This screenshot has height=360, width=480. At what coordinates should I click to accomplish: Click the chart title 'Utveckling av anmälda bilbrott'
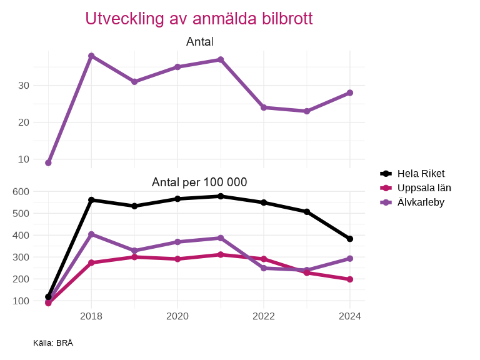199,19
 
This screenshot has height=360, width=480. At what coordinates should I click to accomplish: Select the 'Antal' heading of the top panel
199,42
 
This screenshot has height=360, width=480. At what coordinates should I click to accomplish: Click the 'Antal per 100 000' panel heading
199,182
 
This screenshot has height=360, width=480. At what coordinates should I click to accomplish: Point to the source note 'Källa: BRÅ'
53,343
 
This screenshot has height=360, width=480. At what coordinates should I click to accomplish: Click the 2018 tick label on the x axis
91,316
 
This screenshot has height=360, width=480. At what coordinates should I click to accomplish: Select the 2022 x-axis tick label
264,316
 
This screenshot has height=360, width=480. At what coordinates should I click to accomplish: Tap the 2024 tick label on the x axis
350,316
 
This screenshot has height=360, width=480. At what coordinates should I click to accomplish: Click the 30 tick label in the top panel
24,86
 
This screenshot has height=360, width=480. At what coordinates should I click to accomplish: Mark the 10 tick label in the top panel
24,159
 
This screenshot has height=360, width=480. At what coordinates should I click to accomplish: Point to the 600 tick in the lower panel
21,192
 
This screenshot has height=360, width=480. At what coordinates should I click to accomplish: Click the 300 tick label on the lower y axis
21,257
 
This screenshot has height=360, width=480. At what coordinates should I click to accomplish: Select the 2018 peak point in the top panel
91,56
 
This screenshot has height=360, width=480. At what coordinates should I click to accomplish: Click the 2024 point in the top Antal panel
350,92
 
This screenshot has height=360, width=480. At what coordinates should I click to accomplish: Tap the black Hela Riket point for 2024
350,239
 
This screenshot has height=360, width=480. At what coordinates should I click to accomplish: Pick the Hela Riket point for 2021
221,196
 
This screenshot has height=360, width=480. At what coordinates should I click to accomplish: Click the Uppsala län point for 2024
350,279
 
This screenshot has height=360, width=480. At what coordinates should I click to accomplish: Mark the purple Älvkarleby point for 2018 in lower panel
91,234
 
